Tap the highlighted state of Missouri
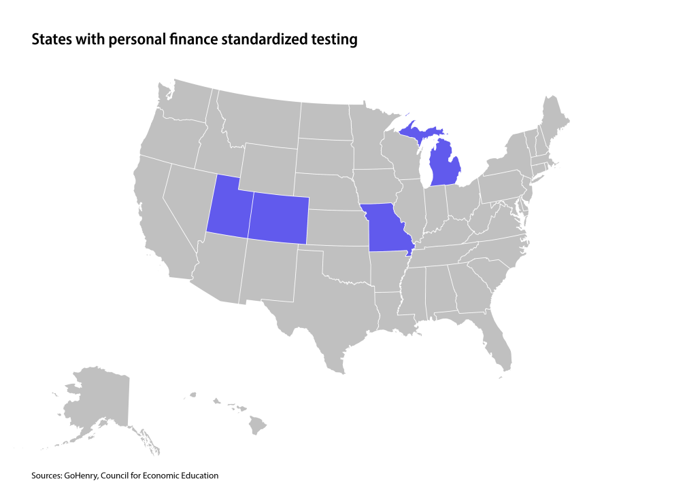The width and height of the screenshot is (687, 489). pos(388,228)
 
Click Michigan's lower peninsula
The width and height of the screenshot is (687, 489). pos(446,163)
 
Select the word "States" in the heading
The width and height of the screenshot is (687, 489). pos(48,40)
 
